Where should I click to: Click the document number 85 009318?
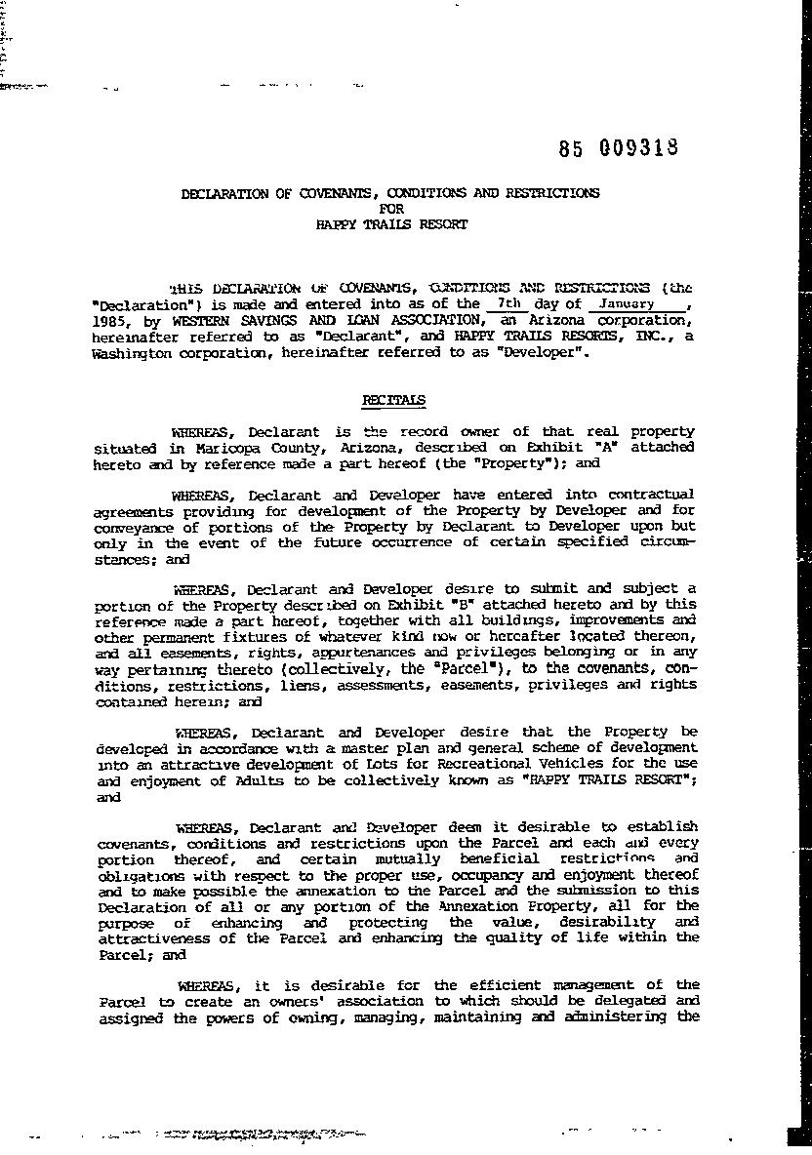pyautogui.click(x=619, y=148)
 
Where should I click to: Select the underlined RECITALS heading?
pyautogui.click(x=393, y=400)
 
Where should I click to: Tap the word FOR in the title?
pyautogui.click(x=390, y=208)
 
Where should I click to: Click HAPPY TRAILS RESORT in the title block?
pyautogui.click(x=391, y=223)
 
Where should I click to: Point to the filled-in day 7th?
pyautogui.click(x=509, y=303)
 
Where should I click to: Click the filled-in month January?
pyautogui.click(x=627, y=303)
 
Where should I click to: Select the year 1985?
pyautogui.click(x=109, y=320)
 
